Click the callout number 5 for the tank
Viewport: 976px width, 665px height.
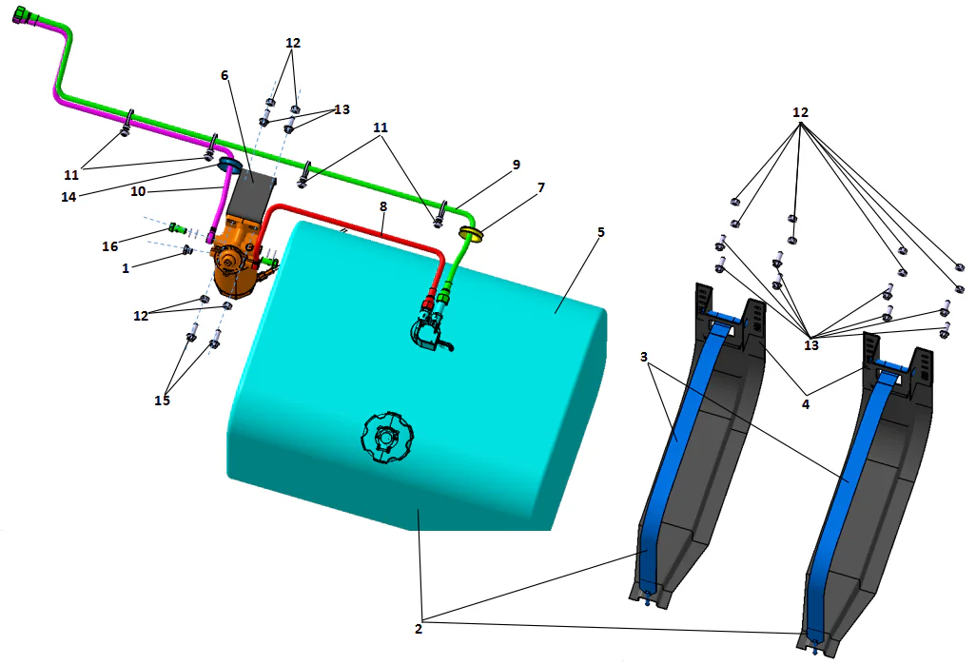pyautogui.click(x=600, y=231)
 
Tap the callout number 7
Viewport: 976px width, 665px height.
pyautogui.click(x=540, y=187)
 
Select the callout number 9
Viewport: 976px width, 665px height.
pyautogui.click(x=516, y=165)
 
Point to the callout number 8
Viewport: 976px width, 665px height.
pyautogui.click(x=382, y=205)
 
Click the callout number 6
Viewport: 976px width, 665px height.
pyautogui.click(x=224, y=75)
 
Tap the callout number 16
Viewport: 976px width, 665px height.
pyautogui.click(x=110, y=246)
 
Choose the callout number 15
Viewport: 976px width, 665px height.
pyautogui.click(x=162, y=401)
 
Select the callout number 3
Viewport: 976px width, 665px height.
pyautogui.click(x=644, y=357)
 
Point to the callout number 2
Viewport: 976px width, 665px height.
pyautogui.click(x=418, y=628)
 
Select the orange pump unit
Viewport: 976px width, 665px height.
pyautogui.click(x=235, y=262)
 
